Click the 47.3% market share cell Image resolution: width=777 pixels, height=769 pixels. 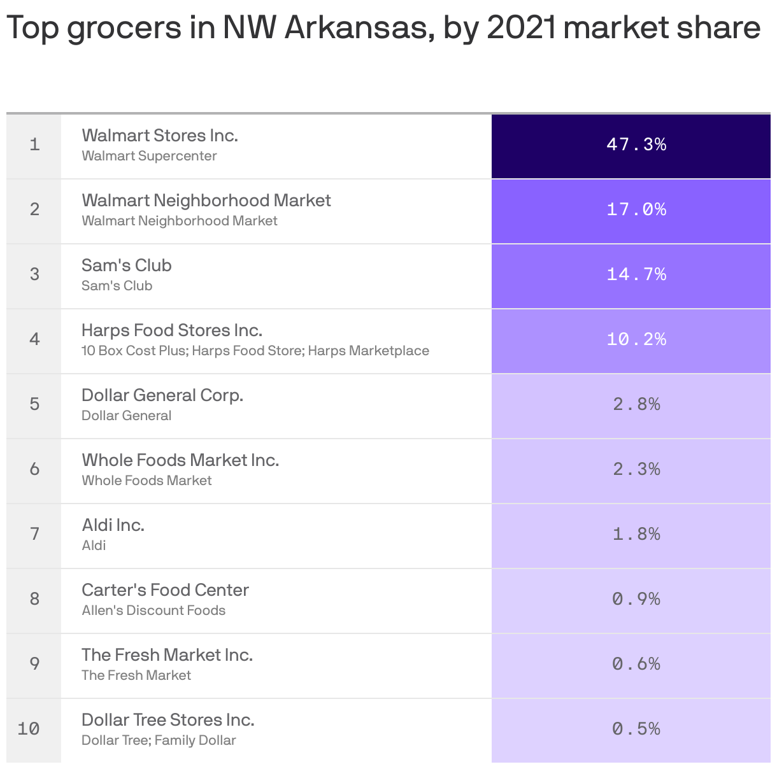[636, 145]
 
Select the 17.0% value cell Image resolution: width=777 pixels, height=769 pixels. [636, 209]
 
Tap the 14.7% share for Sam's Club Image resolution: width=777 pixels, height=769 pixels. [636, 274]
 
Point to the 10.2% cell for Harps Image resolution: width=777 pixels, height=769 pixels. [636, 339]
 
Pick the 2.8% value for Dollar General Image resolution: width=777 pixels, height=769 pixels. [636, 404]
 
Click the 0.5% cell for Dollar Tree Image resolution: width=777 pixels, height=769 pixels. [636, 729]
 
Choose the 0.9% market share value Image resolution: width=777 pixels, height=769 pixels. [636, 599]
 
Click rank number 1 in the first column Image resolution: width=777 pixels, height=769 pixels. [34, 145]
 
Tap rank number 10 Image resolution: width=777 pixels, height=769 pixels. [29, 729]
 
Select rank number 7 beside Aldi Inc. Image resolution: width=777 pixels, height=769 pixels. [34, 534]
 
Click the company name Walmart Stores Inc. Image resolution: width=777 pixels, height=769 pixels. [159, 136]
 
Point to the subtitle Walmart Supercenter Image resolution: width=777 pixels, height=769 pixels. [149, 156]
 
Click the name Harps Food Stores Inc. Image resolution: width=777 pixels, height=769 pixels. [172, 330]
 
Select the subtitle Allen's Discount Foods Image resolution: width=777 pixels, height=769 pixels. [153, 610]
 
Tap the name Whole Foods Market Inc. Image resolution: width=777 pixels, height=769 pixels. [180, 460]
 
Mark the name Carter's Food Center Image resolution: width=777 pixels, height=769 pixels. [165, 590]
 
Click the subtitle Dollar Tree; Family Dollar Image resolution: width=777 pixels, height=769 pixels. [159, 740]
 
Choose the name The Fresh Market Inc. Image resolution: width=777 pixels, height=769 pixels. [167, 655]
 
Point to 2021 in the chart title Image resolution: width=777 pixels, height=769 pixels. [521, 28]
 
